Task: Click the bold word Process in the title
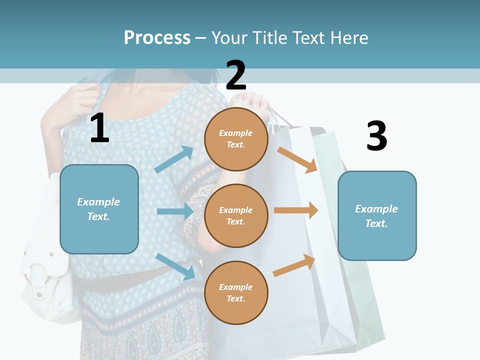(x=157, y=37)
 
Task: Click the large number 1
(x=99, y=128)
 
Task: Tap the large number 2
(x=236, y=75)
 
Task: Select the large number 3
(x=376, y=136)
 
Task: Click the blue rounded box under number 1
(x=99, y=209)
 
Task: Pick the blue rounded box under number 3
(x=377, y=215)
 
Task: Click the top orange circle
(x=236, y=139)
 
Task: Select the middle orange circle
(x=236, y=215)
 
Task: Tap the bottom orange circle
(x=236, y=292)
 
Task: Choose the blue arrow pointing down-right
(x=175, y=266)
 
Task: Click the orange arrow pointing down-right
(x=297, y=159)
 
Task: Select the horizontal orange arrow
(x=296, y=210)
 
